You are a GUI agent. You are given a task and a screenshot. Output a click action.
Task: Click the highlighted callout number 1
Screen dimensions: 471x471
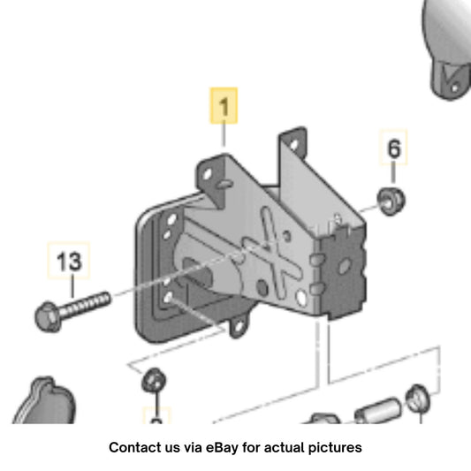[x=224, y=106]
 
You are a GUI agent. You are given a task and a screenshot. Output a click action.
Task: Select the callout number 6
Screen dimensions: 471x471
[x=394, y=148]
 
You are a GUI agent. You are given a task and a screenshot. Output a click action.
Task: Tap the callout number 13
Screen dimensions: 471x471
[x=69, y=261]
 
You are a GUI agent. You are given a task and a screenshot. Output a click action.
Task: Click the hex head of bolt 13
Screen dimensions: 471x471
[x=48, y=317]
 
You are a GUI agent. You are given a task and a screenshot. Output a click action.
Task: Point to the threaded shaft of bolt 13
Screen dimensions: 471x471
[x=85, y=305]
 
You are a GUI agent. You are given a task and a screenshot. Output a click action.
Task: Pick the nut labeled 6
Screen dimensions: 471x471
[x=391, y=201]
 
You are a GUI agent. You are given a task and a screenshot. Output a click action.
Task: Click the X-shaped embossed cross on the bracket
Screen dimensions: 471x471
[x=272, y=254]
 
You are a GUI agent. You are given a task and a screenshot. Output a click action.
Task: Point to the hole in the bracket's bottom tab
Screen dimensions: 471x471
[x=239, y=326]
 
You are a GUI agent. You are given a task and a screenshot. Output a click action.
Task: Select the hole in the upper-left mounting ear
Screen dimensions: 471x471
[x=208, y=174]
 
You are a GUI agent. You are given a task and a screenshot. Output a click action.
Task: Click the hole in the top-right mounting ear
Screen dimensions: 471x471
[x=294, y=145]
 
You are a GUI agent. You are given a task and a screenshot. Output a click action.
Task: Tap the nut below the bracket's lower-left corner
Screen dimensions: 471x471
[x=154, y=380]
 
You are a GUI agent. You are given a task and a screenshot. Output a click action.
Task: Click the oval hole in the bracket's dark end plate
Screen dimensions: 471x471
[x=345, y=266]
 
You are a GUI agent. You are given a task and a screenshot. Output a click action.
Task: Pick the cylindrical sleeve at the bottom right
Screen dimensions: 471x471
[x=377, y=410]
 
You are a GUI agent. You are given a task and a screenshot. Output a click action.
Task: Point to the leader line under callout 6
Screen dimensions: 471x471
[x=393, y=171]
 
